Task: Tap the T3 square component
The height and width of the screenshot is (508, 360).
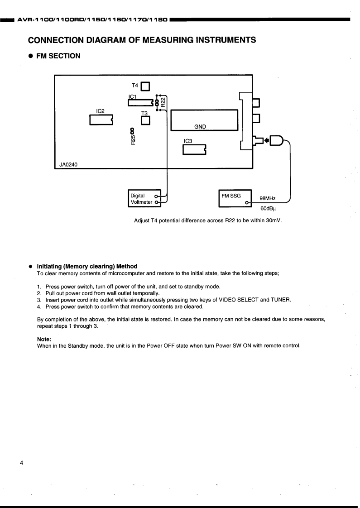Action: [x=145, y=121]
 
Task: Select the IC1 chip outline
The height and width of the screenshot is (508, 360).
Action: [x=140, y=103]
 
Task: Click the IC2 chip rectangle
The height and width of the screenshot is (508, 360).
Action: [x=101, y=120]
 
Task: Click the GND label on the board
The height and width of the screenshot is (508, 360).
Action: [x=200, y=127]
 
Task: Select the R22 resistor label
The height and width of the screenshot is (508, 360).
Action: [x=163, y=103]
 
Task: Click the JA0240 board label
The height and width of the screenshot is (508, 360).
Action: [x=68, y=165]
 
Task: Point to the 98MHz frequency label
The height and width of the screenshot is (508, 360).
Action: [x=268, y=198]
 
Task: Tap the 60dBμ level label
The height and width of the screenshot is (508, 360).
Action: [x=268, y=209]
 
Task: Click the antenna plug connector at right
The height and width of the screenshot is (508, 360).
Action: [x=276, y=140]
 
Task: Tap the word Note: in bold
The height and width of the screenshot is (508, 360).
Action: [x=44, y=339]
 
